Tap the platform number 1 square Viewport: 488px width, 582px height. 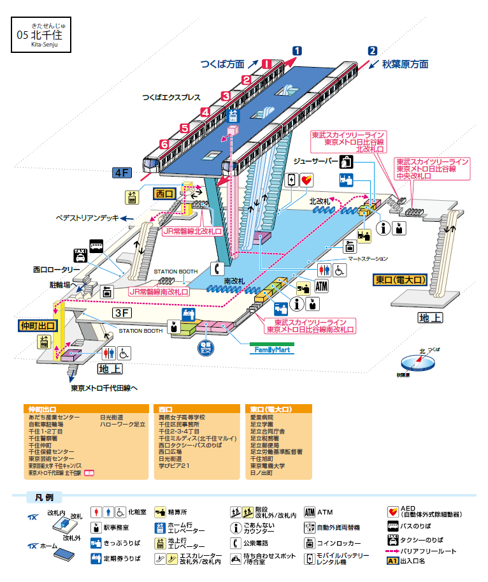297,51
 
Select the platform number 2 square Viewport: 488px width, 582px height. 373,51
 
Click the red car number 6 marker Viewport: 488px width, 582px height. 164,145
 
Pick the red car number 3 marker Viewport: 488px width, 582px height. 225,96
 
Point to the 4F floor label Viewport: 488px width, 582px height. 122,173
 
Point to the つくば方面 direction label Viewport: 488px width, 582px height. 222,64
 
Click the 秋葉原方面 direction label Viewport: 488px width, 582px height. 405,64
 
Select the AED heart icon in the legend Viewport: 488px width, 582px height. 393,511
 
